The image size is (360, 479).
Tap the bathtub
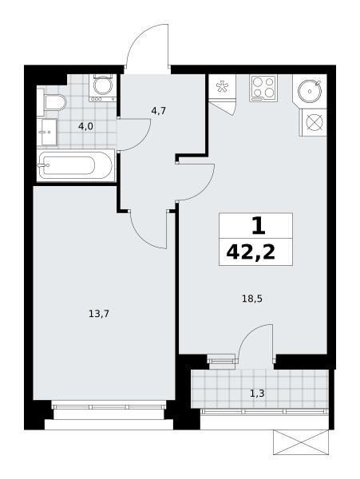pyautogui.click(x=76, y=165)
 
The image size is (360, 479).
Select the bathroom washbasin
pyautogui.click(x=47, y=133)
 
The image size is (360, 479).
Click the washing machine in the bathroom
pyautogui.click(x=103, y=88)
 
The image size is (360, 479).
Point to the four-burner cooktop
pyautogui.click(x=263, y=88)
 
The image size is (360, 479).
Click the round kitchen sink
pyautogui.click(x=310, y=91)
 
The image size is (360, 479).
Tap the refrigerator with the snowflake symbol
pyautogui.click(x=222, y=87)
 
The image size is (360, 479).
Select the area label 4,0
pyautogui.click(x=85, y=126)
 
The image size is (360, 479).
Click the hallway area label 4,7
pyautogui.click(x=159, y=111)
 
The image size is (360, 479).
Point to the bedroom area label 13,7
pyautogui.click(x=99, y=314)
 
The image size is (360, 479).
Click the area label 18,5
pyautogui.click(x=252, y=299)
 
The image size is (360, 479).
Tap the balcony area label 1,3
pyautogui.click(x=257, y=394)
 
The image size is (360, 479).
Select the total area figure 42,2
pyautogui.click(x=251, y=252)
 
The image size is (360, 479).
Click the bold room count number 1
pyautogui.click(x=259, y=227)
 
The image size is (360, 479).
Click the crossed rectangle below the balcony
pyautogui.click(x=301, y=442)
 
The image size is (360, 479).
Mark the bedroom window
pyautogui.click(x=109, y=406)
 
